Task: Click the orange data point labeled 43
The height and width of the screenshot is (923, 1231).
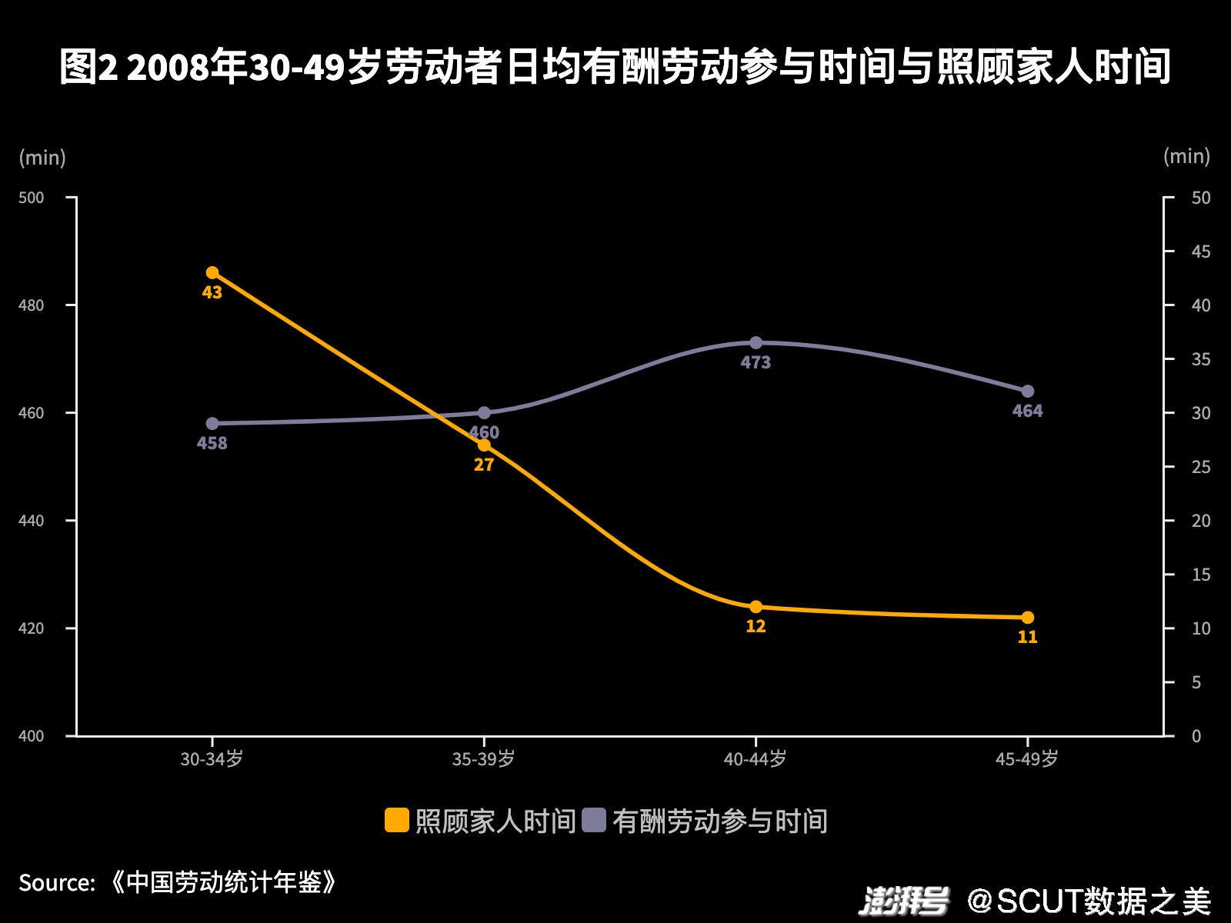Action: point(212,273)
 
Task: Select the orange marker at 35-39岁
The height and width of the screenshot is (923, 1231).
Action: point(484,445)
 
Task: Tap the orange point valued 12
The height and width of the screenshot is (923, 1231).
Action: point(756,607)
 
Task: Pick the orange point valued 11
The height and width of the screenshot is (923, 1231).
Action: point(1027,618)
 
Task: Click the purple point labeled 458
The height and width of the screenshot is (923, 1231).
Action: point(212,424)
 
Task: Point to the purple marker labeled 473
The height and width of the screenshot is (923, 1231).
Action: point(756,343)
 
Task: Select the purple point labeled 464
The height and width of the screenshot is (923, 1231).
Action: point(1027,392)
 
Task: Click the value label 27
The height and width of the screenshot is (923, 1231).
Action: point(484,465)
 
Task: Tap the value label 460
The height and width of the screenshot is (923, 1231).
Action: point(485,432)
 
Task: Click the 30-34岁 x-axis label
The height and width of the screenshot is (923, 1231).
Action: point(212,759)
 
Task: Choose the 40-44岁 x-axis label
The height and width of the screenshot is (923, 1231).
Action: point(755,759)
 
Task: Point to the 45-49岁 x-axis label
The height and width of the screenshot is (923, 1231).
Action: point(1026,759)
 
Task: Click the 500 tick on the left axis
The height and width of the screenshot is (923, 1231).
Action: point(32,198)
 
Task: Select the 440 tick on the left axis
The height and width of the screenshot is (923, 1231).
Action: point(32,521)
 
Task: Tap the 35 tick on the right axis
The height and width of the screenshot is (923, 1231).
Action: point(1200,359)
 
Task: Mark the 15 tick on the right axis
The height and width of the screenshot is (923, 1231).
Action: point(1200,575)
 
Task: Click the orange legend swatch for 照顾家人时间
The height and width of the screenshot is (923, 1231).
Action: point(397,820)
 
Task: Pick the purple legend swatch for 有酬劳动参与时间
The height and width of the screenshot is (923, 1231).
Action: point(594,820)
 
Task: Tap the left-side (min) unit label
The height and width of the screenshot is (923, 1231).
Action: point(42,158)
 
